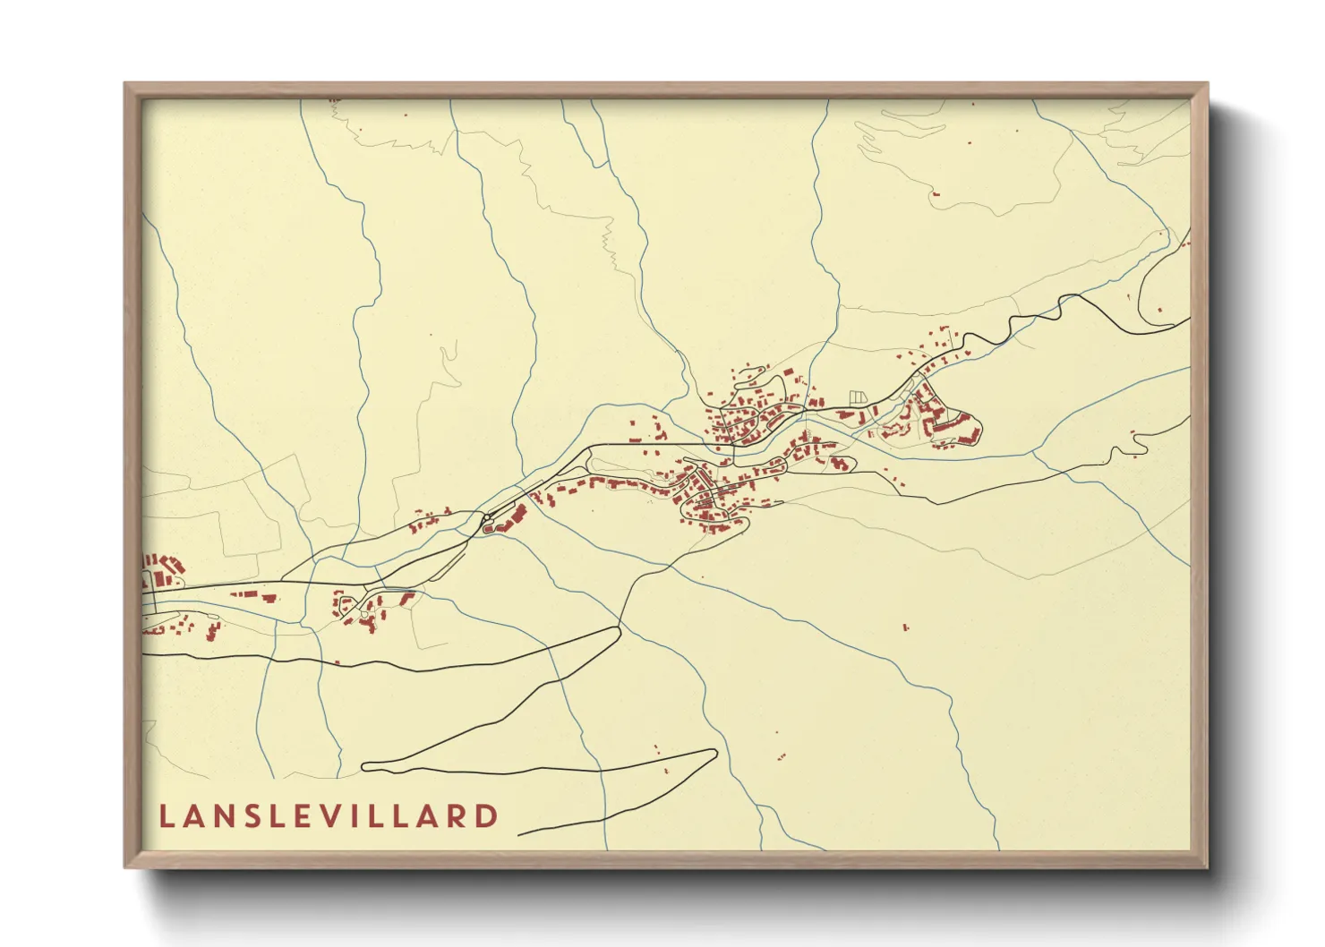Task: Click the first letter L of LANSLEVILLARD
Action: [x=166, y=816]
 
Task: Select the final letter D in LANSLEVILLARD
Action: [x=487, y=816]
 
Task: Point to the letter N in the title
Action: [x=225, y=816]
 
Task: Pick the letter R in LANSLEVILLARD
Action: [x=457, y=816]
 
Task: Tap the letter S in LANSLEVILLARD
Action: [x=252, y=816]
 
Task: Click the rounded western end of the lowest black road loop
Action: [x=365, y=766]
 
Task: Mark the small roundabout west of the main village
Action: [x=486, y=517]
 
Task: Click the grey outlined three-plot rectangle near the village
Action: [x=858, y=396]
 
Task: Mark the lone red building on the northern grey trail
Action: [x=936, y=193]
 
